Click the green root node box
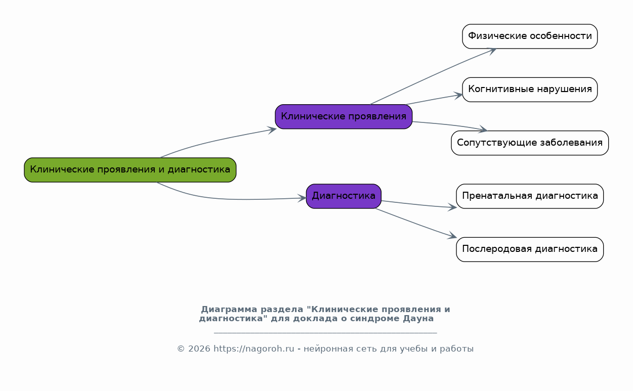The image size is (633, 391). [130, 170]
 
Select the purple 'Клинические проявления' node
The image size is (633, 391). [344, 117]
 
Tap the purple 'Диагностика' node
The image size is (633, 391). [344, 196]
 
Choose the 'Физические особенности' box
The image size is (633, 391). [530, 36]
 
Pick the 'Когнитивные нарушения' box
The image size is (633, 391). [530, 90]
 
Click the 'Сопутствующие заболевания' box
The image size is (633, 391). [530, 143]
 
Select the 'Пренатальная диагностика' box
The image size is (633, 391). [530, 196]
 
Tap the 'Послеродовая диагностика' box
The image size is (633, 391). [530, 249]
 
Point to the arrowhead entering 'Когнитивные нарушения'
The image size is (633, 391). [458, 96]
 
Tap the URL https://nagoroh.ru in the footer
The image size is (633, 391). [254, 349]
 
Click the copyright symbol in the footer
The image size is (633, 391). [181, 349]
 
